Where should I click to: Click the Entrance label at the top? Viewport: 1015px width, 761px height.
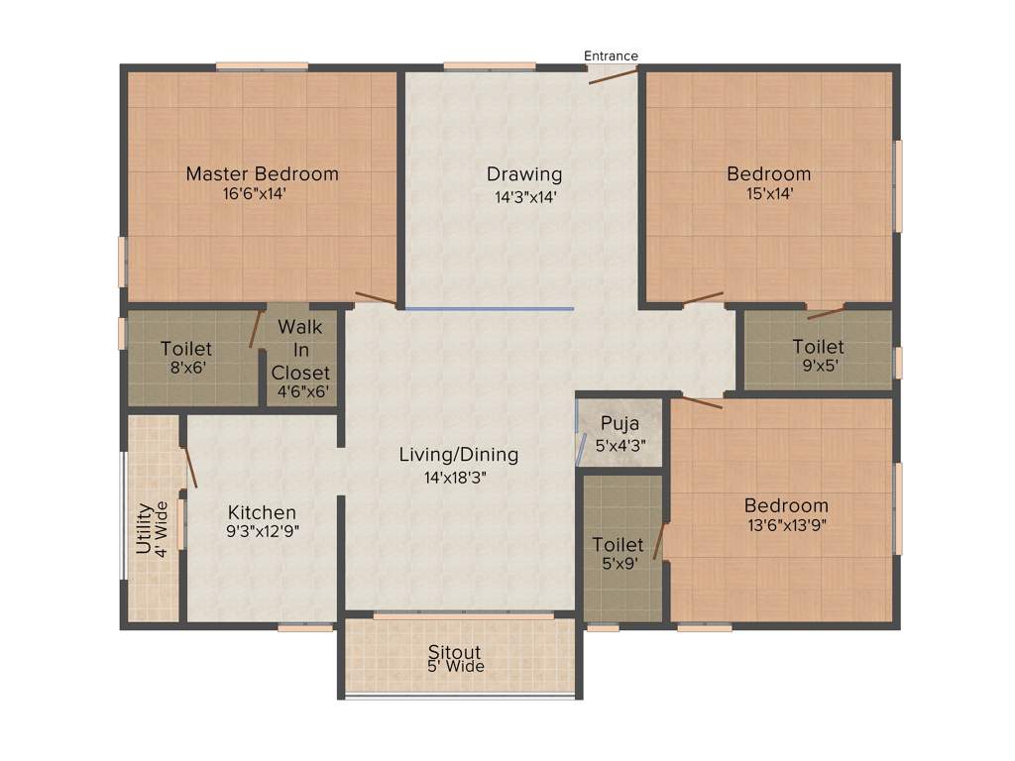(x=611, y=55)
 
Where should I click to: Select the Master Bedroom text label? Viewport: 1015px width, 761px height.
(x=263, y=174)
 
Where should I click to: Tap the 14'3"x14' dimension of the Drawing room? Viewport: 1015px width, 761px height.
(x=524, y=196)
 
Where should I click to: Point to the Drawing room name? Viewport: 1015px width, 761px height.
(x=524, y=174)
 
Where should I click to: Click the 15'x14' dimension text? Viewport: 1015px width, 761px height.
(x=768, y=194)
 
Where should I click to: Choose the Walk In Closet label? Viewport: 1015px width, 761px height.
(x=299, y=350)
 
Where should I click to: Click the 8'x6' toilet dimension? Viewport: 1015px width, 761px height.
(x=186, y=368)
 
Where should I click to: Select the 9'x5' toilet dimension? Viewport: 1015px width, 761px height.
(x=818, y=366)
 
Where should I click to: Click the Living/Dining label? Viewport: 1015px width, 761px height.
(x=458, y=455)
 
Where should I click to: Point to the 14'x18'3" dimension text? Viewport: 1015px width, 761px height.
(x=457, y=476)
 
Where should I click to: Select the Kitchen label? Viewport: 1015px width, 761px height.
(x=262, y=512)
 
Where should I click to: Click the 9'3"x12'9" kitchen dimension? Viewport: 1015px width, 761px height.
(x=263, y=530)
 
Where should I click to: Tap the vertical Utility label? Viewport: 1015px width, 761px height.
(x=144, y=528)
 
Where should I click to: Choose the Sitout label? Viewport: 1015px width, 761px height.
(x=455, y=652)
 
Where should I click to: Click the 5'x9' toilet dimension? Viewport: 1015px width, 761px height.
(x=618, y=564)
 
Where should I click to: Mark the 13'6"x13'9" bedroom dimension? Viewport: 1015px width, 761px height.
(x=786, y=525)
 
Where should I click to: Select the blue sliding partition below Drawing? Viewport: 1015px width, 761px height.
(x=489, y=309)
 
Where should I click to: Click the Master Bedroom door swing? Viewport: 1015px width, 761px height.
(x=376, y=298)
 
